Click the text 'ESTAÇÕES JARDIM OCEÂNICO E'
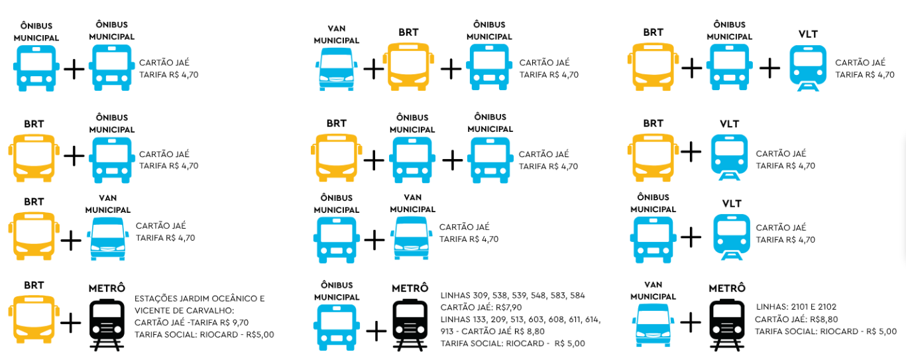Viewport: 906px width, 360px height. (x=199, y=298)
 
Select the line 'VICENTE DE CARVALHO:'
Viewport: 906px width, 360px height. (x=184, y=311)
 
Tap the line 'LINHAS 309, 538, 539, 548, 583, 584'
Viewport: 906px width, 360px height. (x=512, y=296)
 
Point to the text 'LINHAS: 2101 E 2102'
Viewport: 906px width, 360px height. (x=796, y=307)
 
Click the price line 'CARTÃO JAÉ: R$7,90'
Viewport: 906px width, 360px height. (x=481, y=308)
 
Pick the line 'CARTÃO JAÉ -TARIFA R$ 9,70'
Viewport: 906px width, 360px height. (x=192, y=323)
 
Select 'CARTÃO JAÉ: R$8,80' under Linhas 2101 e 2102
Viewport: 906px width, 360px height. (x=796, y=319)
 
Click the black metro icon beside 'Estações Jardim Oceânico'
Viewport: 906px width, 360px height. (x=107, y=324)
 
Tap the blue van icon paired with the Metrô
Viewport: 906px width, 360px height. (x=653, y=326)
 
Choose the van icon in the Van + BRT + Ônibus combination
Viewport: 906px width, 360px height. (x=337, y=69)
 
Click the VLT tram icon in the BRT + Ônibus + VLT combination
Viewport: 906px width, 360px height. (x=808, y=68)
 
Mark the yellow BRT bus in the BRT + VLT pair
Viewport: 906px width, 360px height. (x=653, y=157)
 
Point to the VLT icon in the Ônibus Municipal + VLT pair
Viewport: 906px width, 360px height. (x=732, y=237)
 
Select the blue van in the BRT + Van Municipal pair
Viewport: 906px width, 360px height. (x=107, y=239)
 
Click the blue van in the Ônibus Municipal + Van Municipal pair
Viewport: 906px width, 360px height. (x=412, y=238)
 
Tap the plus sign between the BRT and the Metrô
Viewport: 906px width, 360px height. (x=71, y=323)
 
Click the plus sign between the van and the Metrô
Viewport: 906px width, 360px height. (x=691, y=323)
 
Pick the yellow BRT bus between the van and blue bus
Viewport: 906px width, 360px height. (x=408, y=67)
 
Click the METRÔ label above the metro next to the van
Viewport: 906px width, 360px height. (x=727, y=288)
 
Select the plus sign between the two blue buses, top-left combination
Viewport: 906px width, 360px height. (x=74, y=69)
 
